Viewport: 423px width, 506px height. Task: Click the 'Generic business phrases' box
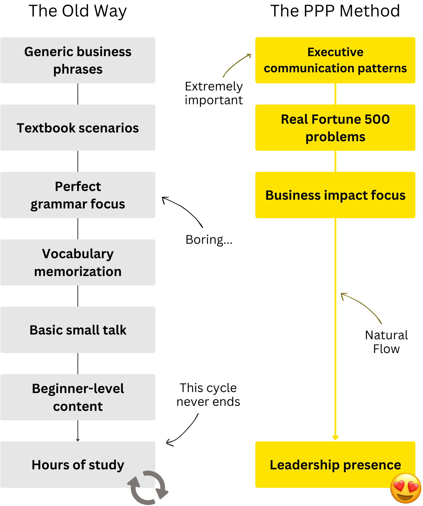[x=78, y=60]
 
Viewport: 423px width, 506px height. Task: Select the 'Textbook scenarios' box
[x=78, y=128]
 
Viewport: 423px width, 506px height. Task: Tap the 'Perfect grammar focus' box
[x=78, y=195]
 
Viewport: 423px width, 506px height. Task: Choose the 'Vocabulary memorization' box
[x=78, y=262]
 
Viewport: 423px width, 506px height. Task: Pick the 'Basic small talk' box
[x=78, y=330]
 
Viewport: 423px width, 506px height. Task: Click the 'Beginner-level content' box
[x=78, y=397]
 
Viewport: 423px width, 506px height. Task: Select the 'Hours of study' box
[x=78, y=465]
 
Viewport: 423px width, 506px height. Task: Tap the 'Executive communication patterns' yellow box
[x=335, y=60]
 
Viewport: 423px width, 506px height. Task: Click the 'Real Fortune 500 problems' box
[x=335, y=128]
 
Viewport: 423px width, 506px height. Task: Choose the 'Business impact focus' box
[x=335, y=195]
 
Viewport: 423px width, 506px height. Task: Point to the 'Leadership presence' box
[x=335, y=465]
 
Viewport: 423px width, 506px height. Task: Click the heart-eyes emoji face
[x=406, y=488]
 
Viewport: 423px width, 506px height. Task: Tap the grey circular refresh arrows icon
[x=148, y=488]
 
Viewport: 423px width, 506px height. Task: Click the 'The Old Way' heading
[x=78, y=11]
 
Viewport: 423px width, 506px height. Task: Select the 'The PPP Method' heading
[x=335, y=11]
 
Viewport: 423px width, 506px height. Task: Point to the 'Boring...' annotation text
[x=209, y=240]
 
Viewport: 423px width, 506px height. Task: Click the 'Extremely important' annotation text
[x=214, y=93]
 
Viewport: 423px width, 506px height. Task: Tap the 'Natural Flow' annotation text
[x=386, y=342]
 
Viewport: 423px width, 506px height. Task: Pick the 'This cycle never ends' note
[x=208, y=395]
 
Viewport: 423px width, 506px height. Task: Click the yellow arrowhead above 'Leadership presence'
[x=335, y=437]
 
